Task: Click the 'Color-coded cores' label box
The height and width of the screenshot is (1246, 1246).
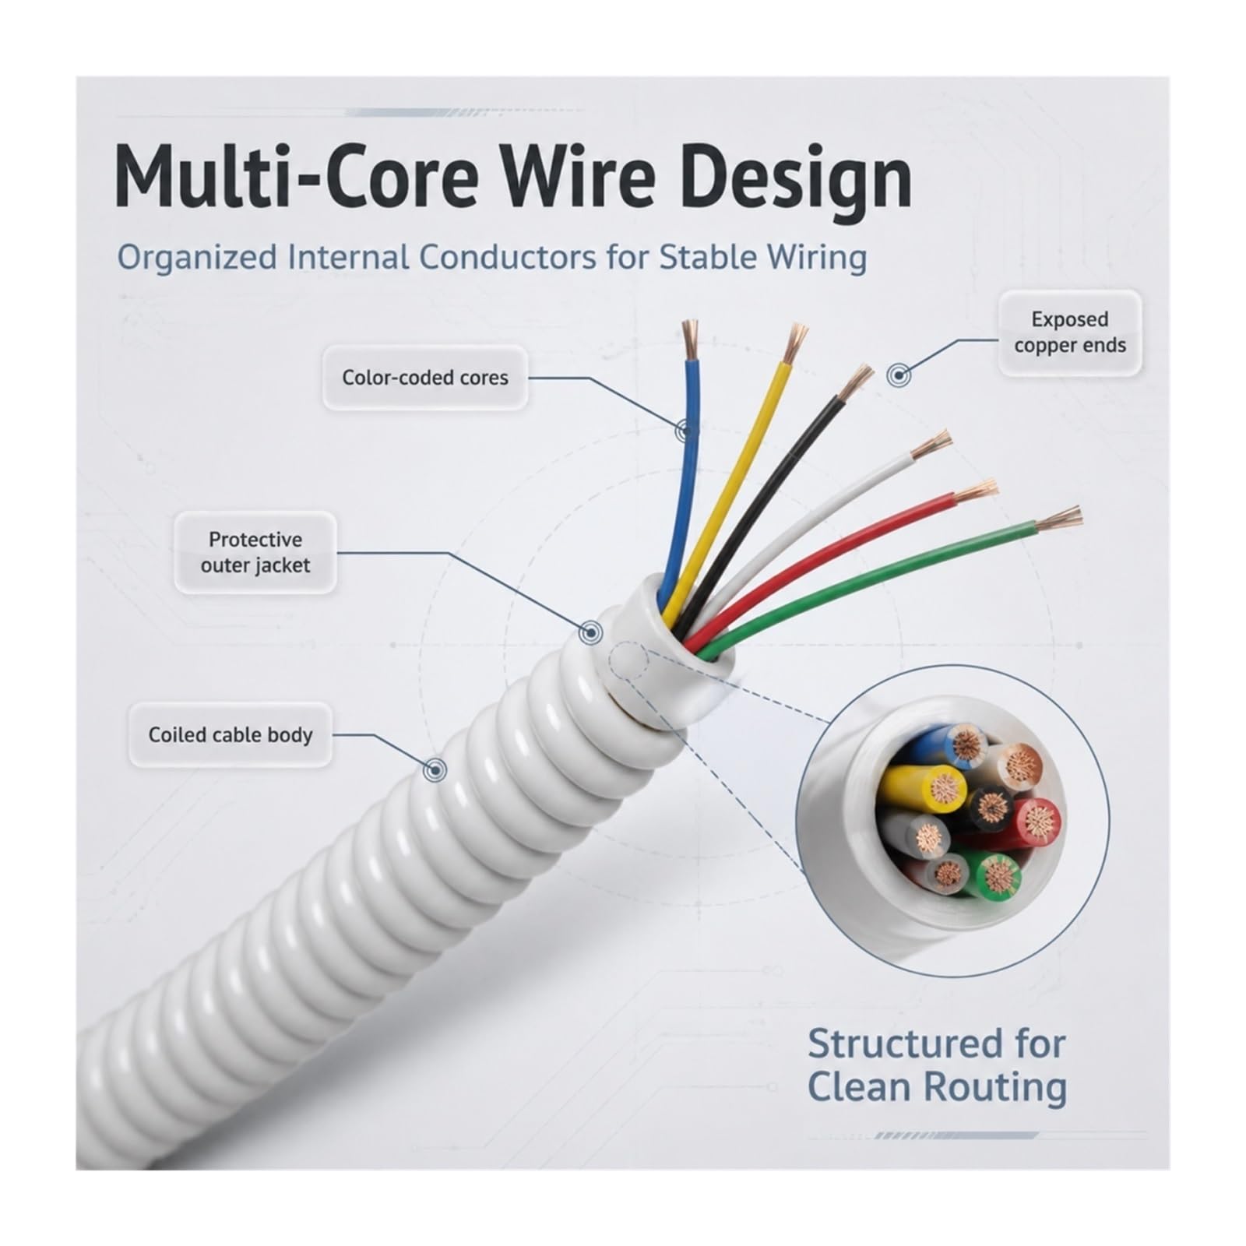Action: pos(425,378)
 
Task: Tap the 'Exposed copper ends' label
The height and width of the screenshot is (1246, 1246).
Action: pos(1069,333)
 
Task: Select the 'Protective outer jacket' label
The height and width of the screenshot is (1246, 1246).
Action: pos(255,552)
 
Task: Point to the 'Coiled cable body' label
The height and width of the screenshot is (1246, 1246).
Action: pos(231,735)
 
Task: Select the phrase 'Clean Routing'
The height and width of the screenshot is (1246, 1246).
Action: pos(937,1087)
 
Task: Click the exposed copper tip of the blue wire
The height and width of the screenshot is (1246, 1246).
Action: pos(689,340)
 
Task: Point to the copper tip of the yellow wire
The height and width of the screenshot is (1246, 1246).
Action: pos(794,343)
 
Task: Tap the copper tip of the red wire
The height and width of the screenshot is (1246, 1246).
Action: pos(976,491)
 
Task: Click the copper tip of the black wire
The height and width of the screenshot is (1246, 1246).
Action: pos(855,382)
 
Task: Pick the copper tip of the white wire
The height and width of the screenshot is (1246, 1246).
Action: pos(931,444)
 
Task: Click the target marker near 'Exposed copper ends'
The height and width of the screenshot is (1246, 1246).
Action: pos(899,375)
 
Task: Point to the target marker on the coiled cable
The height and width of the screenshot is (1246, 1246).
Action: pos(435,770)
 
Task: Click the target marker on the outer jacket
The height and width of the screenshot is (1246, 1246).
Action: pos(591,632)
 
